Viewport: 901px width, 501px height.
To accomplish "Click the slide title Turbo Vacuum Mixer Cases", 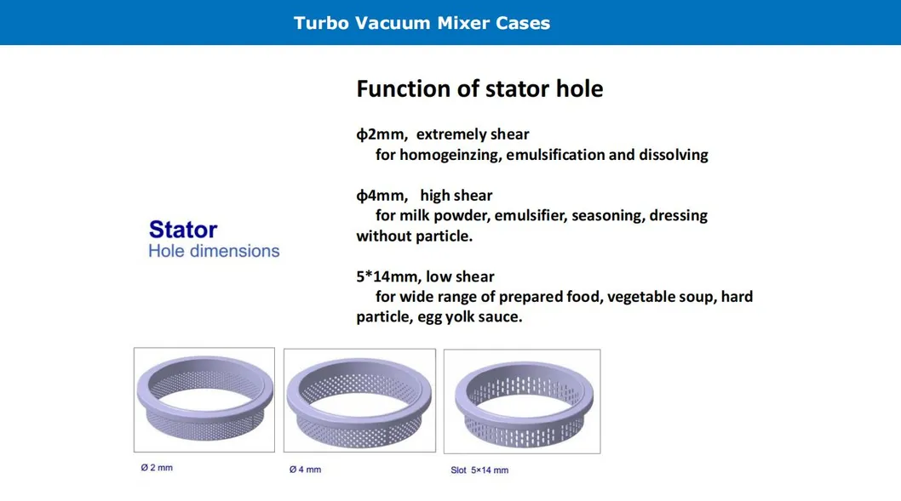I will [x=422, y=23].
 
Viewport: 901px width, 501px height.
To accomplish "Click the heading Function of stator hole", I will [x=479, y=88].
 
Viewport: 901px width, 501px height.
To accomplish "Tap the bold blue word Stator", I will [x=182, y=230].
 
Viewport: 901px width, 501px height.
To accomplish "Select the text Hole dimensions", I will [x=214, y=251].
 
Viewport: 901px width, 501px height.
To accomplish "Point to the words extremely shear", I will [x=473, y=134].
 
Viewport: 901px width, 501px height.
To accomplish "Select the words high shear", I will [x=456, y=196].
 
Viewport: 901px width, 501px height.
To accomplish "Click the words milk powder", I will [x=439, y=216].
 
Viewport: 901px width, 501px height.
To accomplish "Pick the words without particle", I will [x=413, y=236].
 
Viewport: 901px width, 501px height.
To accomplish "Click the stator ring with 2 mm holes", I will [x=204, y=399].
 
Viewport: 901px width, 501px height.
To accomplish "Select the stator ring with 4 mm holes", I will [x=359, y=401].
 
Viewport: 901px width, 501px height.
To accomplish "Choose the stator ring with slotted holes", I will [x=522, y=401].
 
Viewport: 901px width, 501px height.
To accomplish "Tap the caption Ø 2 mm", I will [x=157, y=468].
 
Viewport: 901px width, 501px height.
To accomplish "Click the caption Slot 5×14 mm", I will [x=479, y=470].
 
